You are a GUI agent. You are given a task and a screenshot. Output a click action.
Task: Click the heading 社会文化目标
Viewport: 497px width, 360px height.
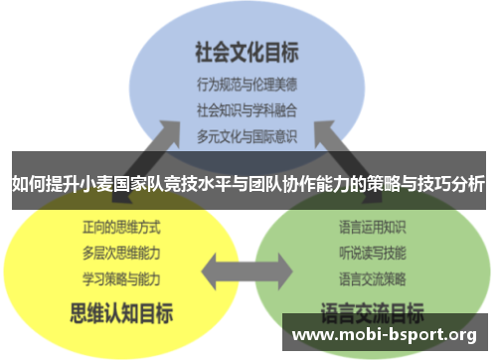pos(248,49)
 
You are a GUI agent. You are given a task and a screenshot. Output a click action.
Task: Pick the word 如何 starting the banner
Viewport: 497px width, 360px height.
pos(27,184)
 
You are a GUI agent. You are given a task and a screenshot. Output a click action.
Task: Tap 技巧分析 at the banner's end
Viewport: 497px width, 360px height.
pos(449,184)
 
